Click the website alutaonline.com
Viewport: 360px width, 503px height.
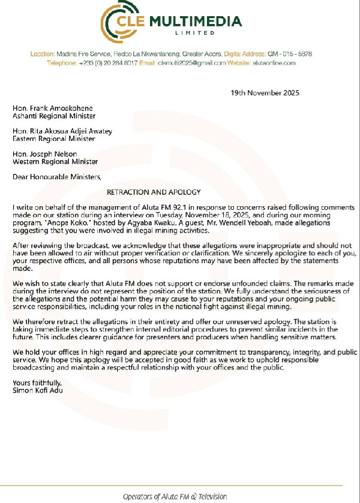273,62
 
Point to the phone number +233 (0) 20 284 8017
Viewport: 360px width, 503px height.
107,62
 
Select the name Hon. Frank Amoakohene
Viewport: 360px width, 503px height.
51,109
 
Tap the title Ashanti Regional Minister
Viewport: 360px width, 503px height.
54,116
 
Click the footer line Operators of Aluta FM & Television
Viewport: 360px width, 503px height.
175,496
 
